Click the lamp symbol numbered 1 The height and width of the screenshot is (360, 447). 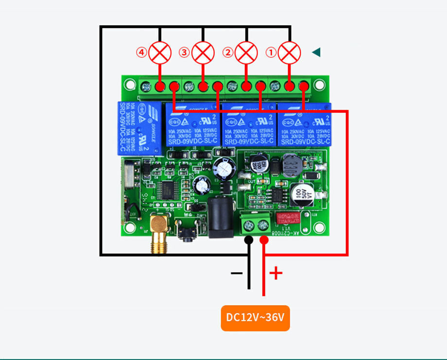tap(290, 52)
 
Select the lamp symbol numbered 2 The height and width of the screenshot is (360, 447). tap(246, 52)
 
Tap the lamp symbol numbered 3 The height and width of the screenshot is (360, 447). tap(203, 52)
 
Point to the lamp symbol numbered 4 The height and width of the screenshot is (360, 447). tap(160, 52)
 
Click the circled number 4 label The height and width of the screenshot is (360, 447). tap(141, 52)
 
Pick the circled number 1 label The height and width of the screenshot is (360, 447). tap(271, 52)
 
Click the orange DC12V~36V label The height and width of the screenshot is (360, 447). tap(255, 318)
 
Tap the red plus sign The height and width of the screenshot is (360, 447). tap(276, 273)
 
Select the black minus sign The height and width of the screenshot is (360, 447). tap(237, 274)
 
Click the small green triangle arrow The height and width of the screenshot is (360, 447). tap(316, 52)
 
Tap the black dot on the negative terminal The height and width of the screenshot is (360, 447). tap(249, 240)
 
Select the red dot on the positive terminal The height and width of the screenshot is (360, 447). tap(264, 240)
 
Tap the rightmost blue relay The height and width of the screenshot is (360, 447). tap(304, 124)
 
